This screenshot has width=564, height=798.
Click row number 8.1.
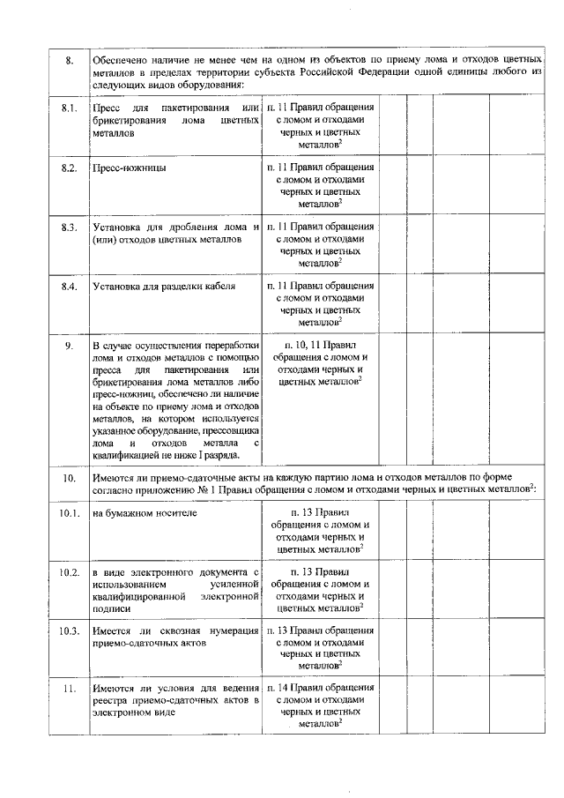pyautogui.click(x=70, y=108)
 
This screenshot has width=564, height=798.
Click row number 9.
pyautogui.click(x=69, y=345)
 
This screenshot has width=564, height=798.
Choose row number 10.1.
pyautogui.click(x=70, y=513)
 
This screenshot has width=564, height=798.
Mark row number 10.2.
pyautogui.click(x=70, y=572)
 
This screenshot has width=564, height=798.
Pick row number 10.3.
pyautogui.click(x=70, y=631)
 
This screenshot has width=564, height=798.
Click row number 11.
pyautogui.click(x=70, y=689)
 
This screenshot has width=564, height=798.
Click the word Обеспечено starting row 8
pyautogui.click(x=122, y=59)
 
